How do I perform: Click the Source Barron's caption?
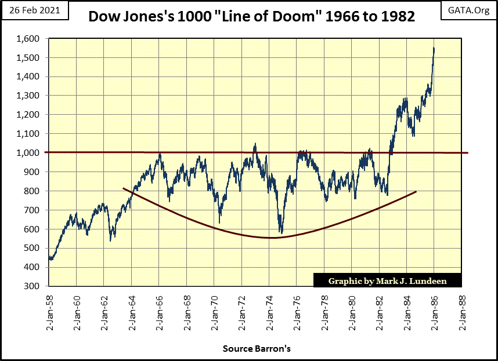[x=257, y=349]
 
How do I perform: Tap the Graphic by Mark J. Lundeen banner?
[x=387, y=280]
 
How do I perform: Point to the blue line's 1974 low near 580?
[x=281, y=232]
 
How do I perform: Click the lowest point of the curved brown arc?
[x=270, y=238]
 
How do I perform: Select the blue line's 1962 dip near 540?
[x=110, y=240]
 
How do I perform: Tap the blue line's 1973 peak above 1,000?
[x=255, y=144]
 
